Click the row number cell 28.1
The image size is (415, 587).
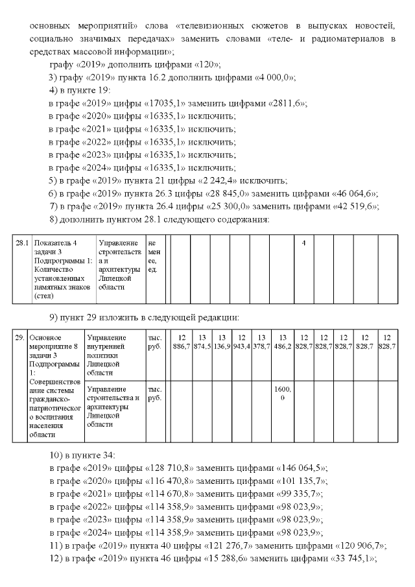click(23, 243)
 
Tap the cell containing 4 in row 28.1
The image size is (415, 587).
click(303, 243)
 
